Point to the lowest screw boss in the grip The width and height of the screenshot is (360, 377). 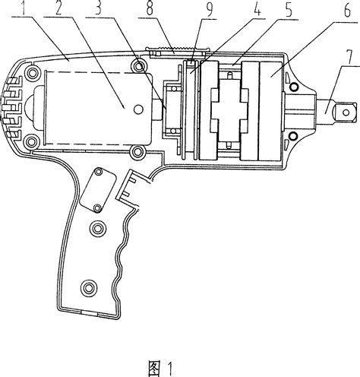[x=90, y=287]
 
